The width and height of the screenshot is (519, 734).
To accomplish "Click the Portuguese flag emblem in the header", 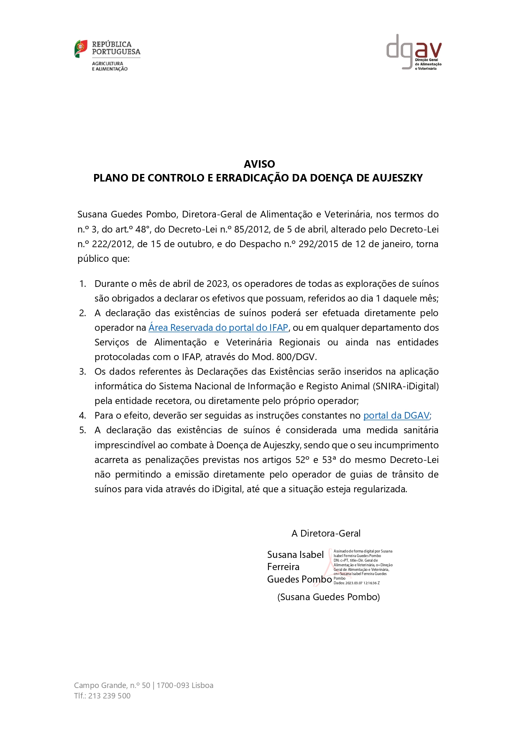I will coord(81,49).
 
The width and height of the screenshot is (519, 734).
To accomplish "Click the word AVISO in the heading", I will coord(259,164).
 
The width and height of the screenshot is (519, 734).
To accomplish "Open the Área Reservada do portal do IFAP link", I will coord(218,327).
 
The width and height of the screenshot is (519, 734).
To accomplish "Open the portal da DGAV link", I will coord(396,415).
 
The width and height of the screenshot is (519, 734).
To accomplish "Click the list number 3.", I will coord(82,372).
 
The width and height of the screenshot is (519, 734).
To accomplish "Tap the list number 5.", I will coord(82,430).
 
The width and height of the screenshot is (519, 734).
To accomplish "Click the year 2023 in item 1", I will coord(217,284).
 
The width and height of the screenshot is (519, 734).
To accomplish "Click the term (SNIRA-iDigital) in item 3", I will coord(406,386).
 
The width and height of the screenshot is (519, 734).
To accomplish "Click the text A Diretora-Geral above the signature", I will coord(326,533).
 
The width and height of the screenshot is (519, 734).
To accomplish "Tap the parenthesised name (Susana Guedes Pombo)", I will coord(328,597).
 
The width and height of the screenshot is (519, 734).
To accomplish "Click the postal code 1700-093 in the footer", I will coord(173,685).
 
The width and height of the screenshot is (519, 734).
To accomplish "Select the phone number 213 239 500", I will coord(109,696).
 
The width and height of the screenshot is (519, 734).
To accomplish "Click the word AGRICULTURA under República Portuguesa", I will coord(107,64).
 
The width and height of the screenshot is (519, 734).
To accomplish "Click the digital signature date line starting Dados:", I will coord(356,583).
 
